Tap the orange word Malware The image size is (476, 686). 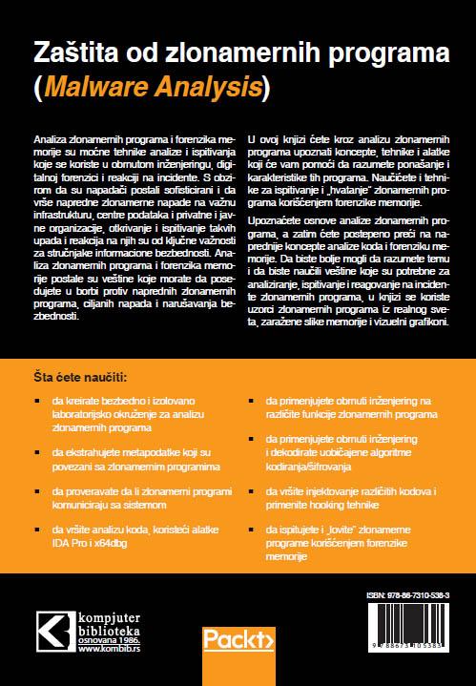click(103, 88)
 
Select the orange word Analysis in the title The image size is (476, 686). click(214, 88)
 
